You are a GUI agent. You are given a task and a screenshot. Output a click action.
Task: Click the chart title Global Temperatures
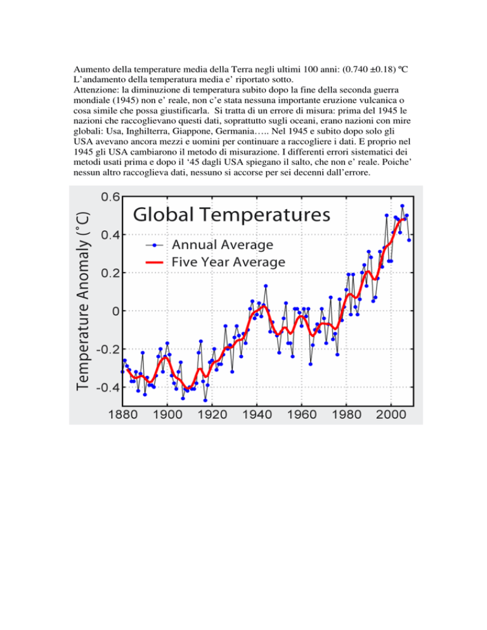231,215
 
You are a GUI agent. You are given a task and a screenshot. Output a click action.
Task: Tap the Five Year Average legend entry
215,262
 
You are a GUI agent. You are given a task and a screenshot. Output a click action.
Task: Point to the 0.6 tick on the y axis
110,197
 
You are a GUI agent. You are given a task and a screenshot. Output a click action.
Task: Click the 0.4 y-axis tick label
110,235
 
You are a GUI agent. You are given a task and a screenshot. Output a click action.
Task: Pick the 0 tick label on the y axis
116,311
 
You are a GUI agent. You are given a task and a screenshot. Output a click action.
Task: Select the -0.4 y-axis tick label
108,387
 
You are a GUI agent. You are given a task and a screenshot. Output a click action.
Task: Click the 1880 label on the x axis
122,415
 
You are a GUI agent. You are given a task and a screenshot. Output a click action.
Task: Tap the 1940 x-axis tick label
257,415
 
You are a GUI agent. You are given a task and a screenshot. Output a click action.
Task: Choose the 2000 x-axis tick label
391,415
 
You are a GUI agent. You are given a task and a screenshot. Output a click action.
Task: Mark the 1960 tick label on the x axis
302,415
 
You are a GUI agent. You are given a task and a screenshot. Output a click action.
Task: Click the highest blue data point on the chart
402,206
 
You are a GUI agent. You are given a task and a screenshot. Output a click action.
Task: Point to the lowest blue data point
205,400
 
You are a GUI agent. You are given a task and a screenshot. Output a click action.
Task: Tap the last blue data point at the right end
409,240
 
